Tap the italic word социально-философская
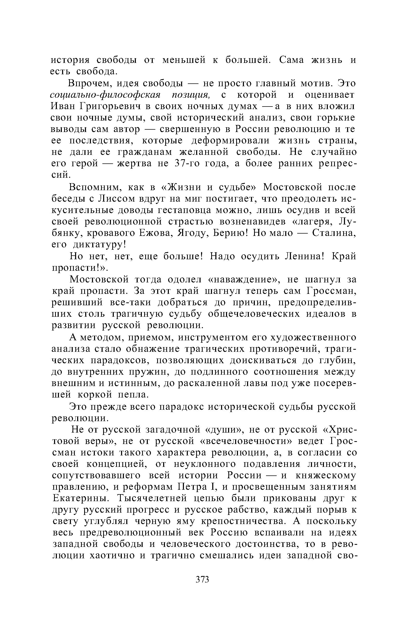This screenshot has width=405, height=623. (x=105, y=95)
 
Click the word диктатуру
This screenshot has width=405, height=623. (x=100, y=244)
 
